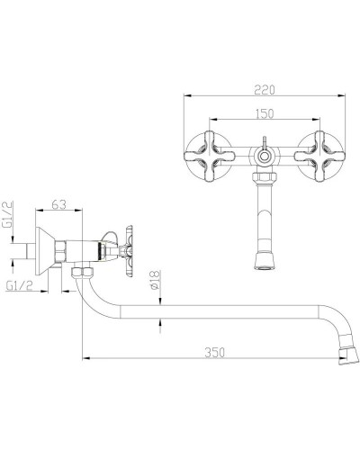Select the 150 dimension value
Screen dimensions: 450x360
pyautogui.click(x=265, y=113)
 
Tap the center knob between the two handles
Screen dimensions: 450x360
pyautogui.click(x=265, y=155)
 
